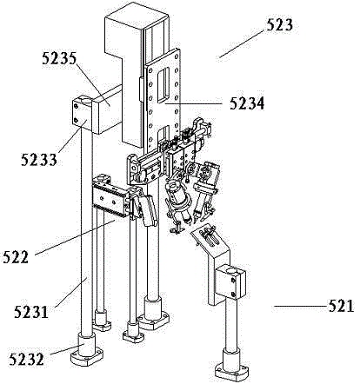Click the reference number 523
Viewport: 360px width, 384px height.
[279, 24]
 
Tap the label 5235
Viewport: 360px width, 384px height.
[59, 59]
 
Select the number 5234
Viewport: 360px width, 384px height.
[247, 103]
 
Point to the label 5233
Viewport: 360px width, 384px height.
[38, 160]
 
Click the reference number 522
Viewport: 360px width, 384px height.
[16, 257]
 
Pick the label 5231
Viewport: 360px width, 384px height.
[31, 312]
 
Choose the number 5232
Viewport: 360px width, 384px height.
[26, 359]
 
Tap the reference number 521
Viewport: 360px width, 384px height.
[342, 306]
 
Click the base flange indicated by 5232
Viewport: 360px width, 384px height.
[87, 352]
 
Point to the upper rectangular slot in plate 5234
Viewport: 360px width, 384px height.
[163, 84]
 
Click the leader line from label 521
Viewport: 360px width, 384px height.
[302, 306]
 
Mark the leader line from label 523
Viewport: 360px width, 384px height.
[243, 43]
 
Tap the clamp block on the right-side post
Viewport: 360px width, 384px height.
[231, 281]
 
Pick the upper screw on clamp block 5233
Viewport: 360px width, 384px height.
[77, 106]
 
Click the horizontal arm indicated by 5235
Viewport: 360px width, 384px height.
[108, 109]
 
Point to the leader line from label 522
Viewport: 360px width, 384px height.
[76, 237]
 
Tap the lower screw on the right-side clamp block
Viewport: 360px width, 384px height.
[234, 295]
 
